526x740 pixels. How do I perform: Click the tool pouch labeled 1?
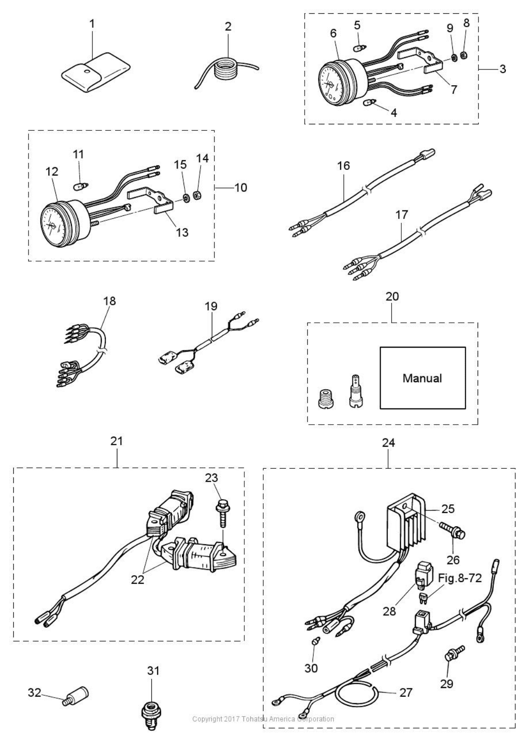point(96,72)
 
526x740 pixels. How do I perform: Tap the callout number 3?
point(502,69)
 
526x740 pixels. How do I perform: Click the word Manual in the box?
point(422,378)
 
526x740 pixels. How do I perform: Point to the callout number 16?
point(343,165)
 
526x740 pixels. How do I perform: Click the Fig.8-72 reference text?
point(460,578)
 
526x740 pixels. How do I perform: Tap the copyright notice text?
point(263,719)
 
